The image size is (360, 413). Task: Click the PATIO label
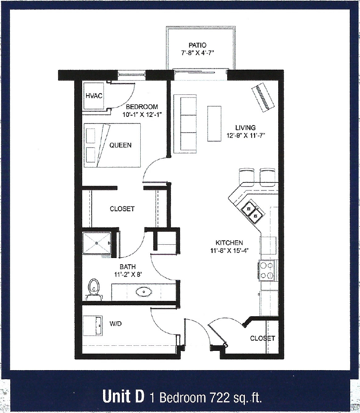pos(200,46)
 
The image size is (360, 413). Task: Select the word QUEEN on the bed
pos(120,145)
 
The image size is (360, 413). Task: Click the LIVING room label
pos(245,128)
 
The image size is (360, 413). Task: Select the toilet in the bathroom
pos(94,289)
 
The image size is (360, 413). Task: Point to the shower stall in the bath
pos(96,244)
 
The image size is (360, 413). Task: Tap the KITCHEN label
pos(229,243)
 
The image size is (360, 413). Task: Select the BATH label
pos(128,267)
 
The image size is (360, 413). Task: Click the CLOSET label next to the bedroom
pos(122,209)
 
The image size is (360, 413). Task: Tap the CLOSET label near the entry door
pos(263,338)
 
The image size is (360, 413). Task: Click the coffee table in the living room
pos(214,123)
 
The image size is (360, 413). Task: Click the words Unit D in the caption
pos(123,396)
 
